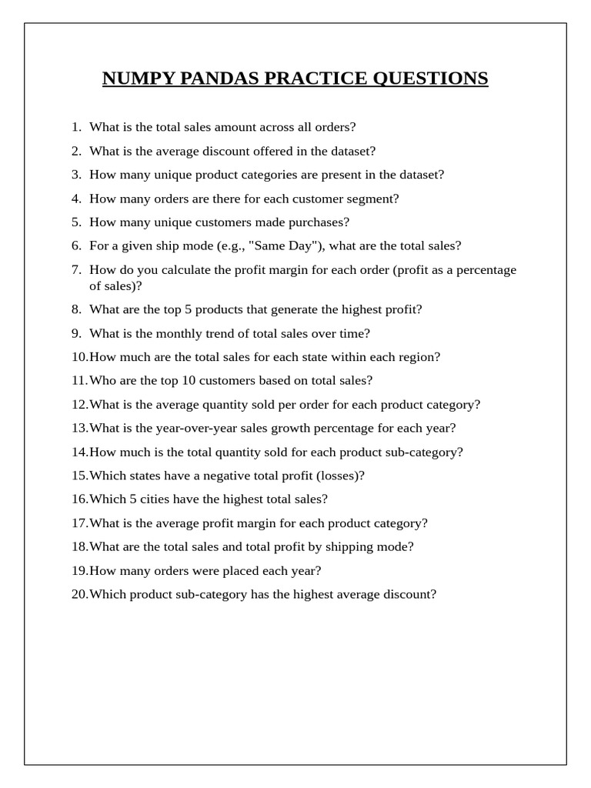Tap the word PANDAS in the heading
[215, 78]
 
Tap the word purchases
[319, 222]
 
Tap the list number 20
[79, 595]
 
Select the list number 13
[79, 429]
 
